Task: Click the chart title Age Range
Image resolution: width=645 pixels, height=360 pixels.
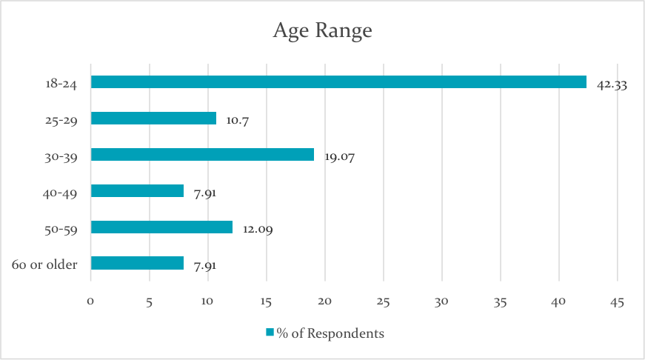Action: point(322,31)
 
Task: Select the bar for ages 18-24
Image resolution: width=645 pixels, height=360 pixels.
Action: point(338,81)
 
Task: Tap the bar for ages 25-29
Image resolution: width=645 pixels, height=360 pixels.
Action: point(153,118)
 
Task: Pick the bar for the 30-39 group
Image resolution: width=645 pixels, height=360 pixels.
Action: point(202,154)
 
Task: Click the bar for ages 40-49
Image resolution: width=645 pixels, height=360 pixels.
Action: point(137,190)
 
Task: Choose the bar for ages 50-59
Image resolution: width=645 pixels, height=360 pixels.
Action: point(161,227)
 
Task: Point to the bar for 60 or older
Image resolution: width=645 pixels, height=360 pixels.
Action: point(137,263)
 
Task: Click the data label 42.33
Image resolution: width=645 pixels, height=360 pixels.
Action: point(612,84)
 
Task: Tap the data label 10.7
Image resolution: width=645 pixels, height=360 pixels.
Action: point(238,121)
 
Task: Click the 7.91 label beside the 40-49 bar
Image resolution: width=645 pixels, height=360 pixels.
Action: point(205,193)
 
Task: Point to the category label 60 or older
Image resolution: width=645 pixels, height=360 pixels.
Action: point(45,264)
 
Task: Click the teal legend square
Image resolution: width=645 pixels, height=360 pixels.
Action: point(271,333)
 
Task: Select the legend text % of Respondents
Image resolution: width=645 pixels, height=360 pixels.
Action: point(330,333)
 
